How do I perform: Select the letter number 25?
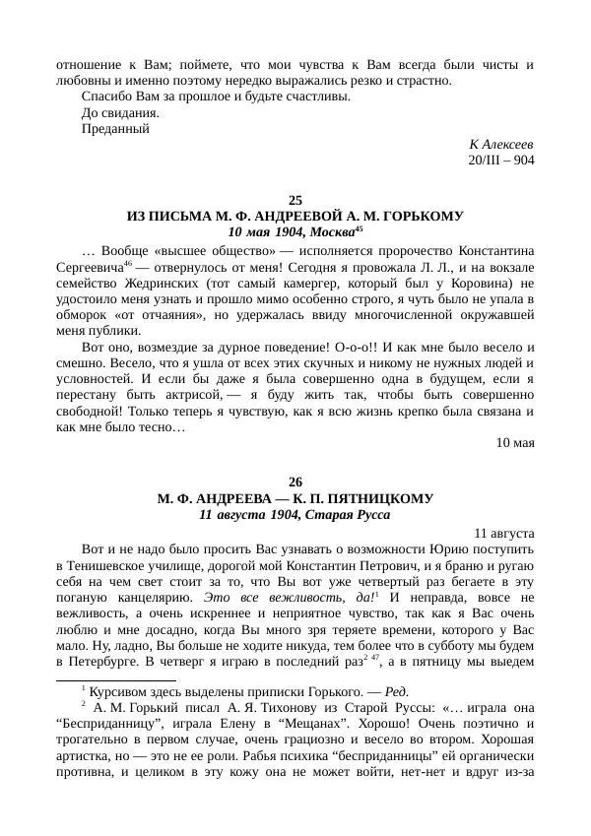pos(295,200)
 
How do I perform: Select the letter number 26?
pos(295,482)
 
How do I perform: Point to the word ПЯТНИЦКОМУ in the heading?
pos(382,498)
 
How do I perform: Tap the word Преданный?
pos(115,128)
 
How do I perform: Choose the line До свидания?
pos(121,112)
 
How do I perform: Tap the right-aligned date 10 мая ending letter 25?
pos(513,442)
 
